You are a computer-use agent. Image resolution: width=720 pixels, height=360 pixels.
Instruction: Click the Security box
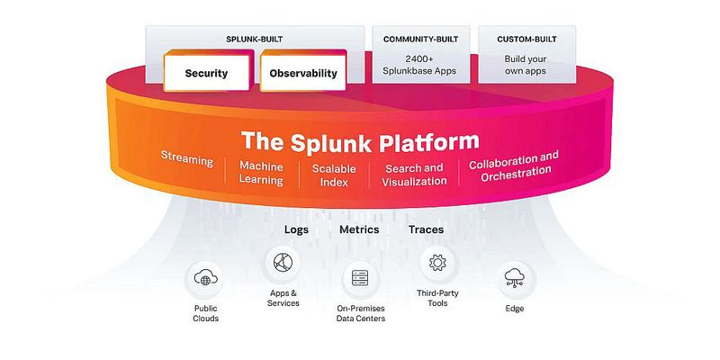pyautogui.click(x=206, y=73)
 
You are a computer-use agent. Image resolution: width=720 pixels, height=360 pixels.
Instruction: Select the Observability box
pyautogui.click(x=302, y=73)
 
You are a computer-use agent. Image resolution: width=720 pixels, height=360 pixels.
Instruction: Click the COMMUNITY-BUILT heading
pyautogui.click(x=420, y=40)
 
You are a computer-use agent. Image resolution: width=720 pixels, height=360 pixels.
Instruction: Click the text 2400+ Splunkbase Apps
pyautogui.click(x=420, y=65)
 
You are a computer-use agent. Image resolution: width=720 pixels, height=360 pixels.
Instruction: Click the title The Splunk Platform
pyautogui.click(x=360, y=141)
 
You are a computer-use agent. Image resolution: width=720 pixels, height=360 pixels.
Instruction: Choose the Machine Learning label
pyautogui.click(x=261, y=174)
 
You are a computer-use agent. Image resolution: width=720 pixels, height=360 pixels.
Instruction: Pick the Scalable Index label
pyautogui.click(x=334, y=175)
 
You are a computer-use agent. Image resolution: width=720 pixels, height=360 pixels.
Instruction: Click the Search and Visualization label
pyautogui.click(x=414, y=174)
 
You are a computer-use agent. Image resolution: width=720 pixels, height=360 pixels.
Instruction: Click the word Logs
pyautogui.click(x=296, y=229)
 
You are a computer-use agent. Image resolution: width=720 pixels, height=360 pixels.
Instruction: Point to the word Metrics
pyautogui.click(x=359, y=229)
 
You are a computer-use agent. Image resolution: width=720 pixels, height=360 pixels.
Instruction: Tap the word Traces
pyautogui.click(x=426, y=229)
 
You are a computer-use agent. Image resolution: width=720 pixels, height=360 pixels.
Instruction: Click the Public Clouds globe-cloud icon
pyautogui.click(x=205, y=280)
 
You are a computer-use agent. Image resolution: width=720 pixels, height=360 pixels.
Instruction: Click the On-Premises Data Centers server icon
pyautogui.click(x=361, y=279)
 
